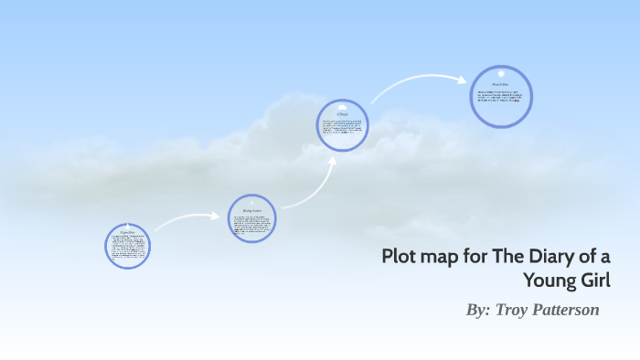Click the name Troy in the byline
click(513, 310)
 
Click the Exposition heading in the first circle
click(127, 233)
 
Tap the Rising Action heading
click(251, 210)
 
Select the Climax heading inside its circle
click(342, 115)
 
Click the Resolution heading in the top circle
click(501, 84)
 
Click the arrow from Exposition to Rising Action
click(187, 219)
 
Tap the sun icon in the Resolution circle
click(501, 73)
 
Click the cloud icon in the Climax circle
click(342, 107)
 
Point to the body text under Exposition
click(127, 248)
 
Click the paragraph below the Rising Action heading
click(251, 222)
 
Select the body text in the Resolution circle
click(501, 96)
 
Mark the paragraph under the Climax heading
click(342, 128)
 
